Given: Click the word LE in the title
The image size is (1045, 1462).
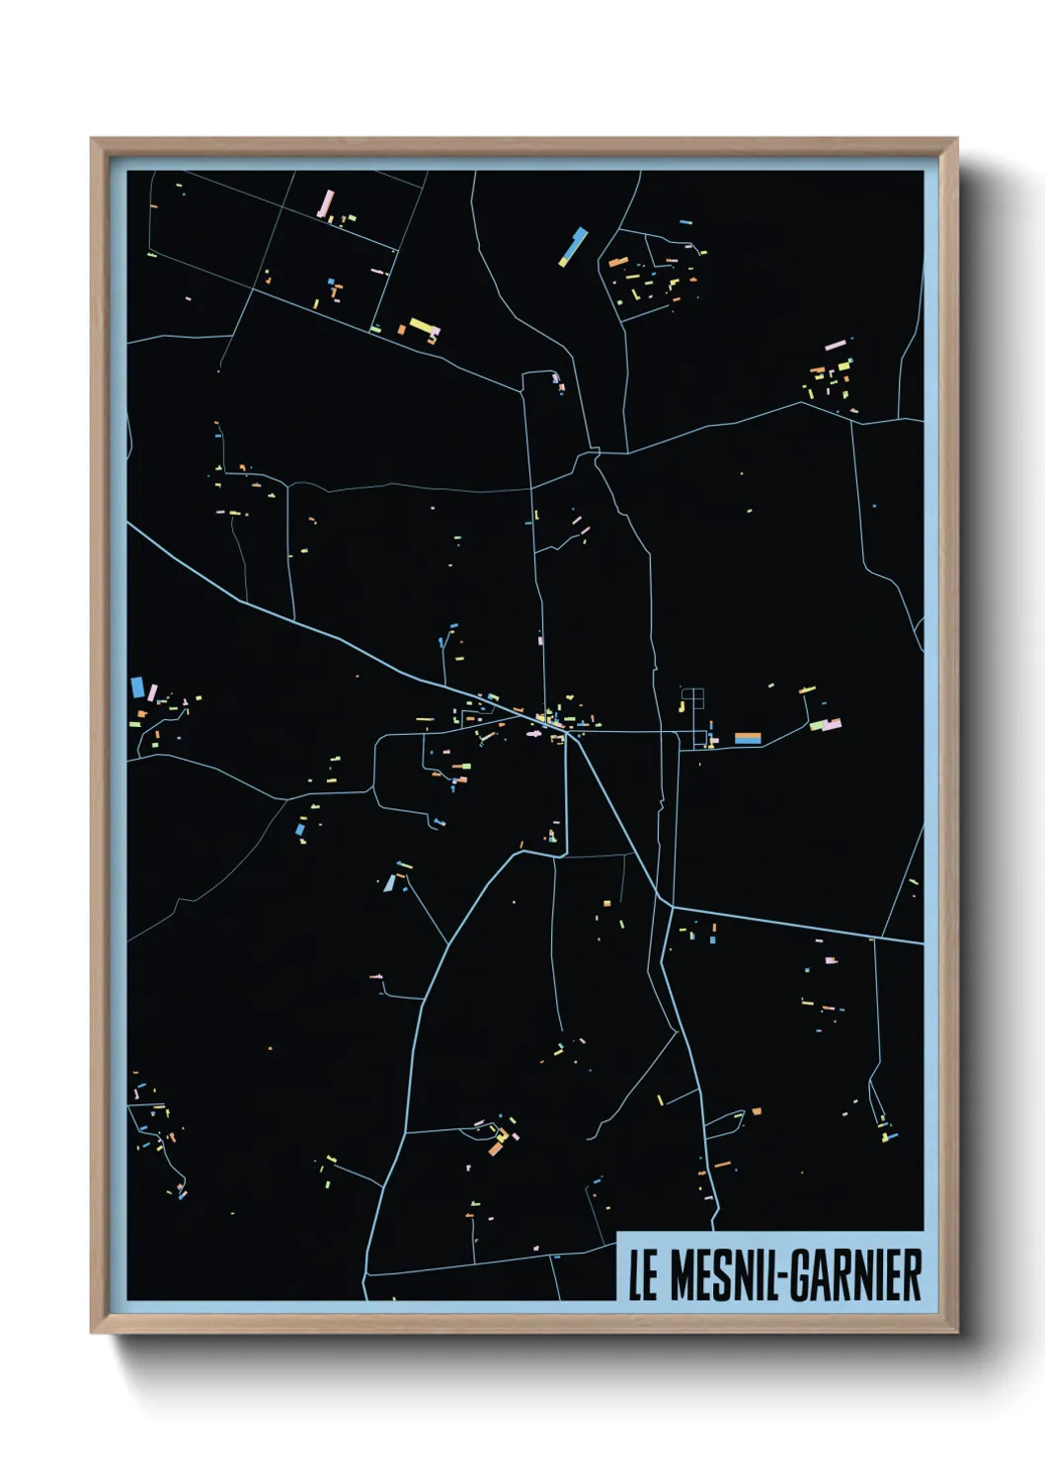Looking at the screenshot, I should coord(642,1275).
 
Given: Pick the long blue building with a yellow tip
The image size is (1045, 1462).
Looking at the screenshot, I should coord(573,246).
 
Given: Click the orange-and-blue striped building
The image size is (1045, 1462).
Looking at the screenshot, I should coord(748,737).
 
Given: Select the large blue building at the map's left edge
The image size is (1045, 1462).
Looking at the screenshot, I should coord(137,687).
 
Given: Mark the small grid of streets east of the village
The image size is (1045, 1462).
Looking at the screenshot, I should coord(692,698).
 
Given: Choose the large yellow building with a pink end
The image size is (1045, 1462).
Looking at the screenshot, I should coord(424,327).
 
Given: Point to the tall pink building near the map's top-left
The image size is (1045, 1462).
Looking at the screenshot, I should coord(324,203).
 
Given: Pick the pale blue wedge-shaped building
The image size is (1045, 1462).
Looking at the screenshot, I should coord(390,882).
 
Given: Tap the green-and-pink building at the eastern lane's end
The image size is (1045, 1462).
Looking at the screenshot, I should coord(826,725).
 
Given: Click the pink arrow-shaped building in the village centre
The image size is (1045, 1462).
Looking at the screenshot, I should coord(534,734).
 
